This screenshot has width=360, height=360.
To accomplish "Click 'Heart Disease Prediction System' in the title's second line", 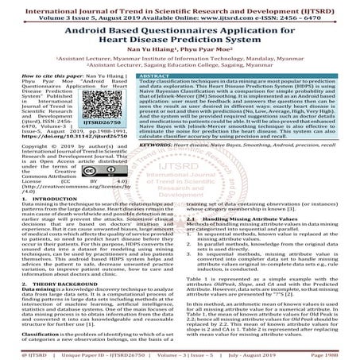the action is click(180, 45).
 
